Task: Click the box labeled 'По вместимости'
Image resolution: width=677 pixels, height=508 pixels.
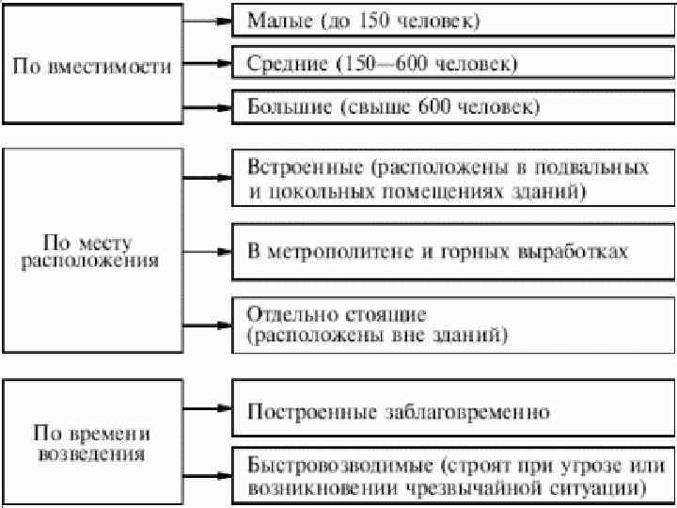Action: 91,67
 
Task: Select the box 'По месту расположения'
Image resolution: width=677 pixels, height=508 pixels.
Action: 91,251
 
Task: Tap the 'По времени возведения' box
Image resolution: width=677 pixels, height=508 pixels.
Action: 91,444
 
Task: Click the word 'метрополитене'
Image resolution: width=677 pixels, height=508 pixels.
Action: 328,252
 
